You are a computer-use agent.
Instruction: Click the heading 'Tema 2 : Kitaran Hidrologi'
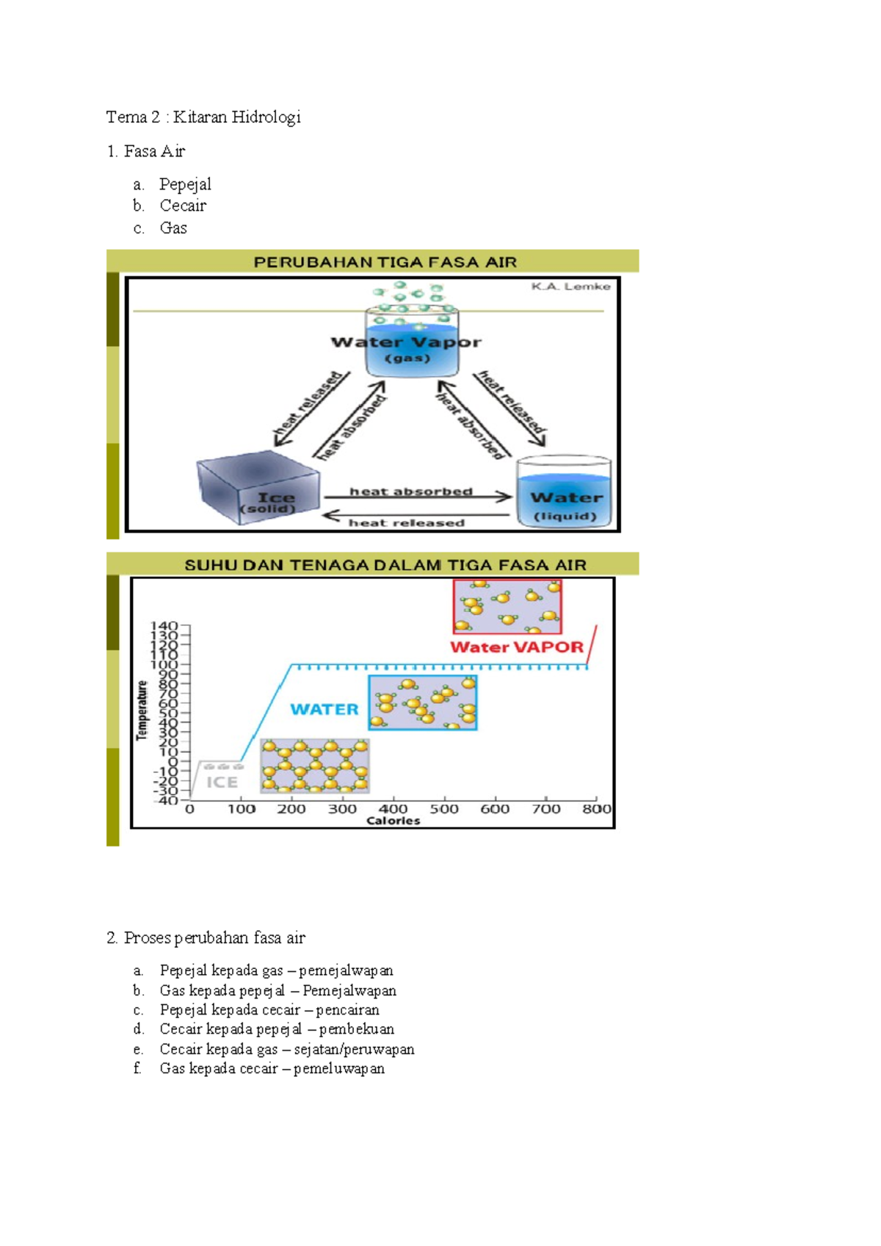(x=203, y=117)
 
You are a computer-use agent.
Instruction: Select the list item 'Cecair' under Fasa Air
(x=183, y=206)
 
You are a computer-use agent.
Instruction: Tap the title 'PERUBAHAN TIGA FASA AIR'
(x=385, y=262)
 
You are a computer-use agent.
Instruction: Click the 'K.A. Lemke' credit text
(x=570, y=287)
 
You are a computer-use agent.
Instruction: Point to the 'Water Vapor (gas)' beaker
(x=412, y=342)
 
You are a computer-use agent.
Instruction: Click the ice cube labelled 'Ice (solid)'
(x=258, y=488)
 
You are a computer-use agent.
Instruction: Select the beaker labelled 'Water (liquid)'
(x=564, y=491)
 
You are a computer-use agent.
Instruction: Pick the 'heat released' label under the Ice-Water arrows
(x=406, y=523)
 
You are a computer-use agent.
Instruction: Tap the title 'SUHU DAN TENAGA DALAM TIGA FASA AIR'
(x=385, y=565)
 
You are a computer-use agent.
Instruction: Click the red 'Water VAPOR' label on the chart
(x=517, y=647)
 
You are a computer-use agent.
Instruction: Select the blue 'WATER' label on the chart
(x=325, y=710)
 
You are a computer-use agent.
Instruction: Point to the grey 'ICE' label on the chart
(x=221, y=782)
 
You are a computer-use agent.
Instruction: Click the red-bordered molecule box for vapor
(x=507, y=607)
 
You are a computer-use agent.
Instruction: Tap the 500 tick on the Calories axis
(x=443, y=809)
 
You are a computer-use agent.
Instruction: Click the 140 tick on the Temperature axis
(x=164, y=626)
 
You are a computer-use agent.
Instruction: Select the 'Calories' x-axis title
(x=393, y=821)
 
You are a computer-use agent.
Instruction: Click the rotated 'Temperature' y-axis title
(x=142, y=710)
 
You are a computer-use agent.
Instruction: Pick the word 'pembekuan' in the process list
(x=357, y=1029)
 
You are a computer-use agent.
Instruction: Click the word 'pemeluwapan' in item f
(x=339, y=1069)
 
